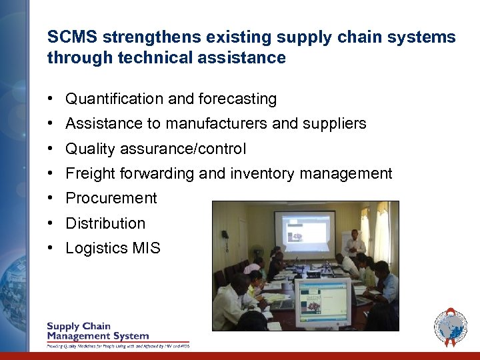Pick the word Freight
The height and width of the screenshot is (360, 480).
(90, 174)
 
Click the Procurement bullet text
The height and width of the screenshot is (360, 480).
(111, 199)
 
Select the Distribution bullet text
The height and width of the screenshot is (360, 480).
(105, 223)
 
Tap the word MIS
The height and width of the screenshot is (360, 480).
(146, 249)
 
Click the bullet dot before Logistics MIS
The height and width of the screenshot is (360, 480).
(51, 249)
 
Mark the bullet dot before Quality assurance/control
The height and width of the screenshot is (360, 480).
(51, 149)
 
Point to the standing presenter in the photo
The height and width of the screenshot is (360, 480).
(355, 243)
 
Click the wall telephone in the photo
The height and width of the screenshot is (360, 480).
(225, 235)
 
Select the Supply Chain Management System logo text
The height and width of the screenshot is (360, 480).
(97, 331)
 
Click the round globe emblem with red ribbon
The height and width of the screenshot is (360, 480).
(451, 327)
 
